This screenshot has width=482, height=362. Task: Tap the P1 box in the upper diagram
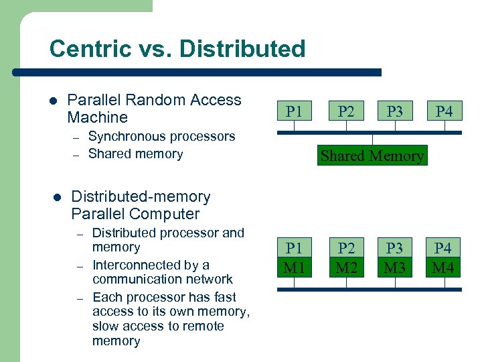pyautogui.click(x=294, y=111)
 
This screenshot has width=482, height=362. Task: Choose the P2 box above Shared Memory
pyautogui.click(x=346, y=111)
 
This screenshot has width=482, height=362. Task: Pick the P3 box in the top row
pyautogui.click(x=395, y=111)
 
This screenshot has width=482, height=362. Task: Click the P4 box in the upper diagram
pyautogui.click(x=444, y=111)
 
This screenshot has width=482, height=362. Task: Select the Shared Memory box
pyautogui.click(x=372, y=156)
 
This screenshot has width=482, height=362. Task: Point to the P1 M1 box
pyautogui.click(x=294, y=258)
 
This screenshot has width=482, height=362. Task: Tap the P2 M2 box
pyautogui.click(x=346, y=258)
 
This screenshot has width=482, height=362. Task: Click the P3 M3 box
pyautogui.click(x=395, y=258)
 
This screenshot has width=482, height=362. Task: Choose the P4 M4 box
pyautogui.click(x=443, y=258)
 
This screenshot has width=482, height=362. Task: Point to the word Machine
pyautogui.click(x=98, y=118)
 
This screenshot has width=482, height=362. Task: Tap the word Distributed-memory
pyautogui.click(x=141, y=197)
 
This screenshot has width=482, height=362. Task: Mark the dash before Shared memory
pyautogui.click(x=78, y=155)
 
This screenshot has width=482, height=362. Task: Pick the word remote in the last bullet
pyautogui.click(x=202, y=326)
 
